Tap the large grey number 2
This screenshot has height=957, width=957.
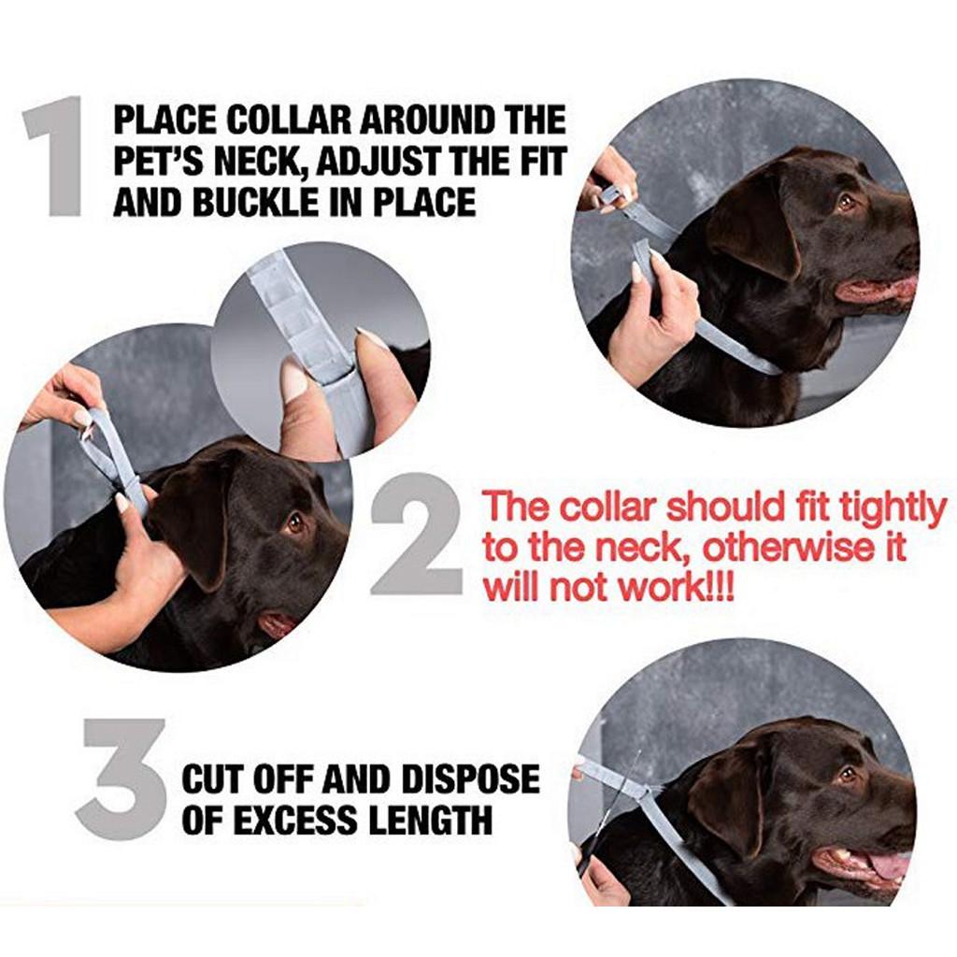click(x=416, y=534)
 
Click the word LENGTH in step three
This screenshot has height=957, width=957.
click(x=432, y=819)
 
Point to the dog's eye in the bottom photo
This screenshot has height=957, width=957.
click(x=847, y=775)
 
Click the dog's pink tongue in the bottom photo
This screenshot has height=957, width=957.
click(x=888, y=864)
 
